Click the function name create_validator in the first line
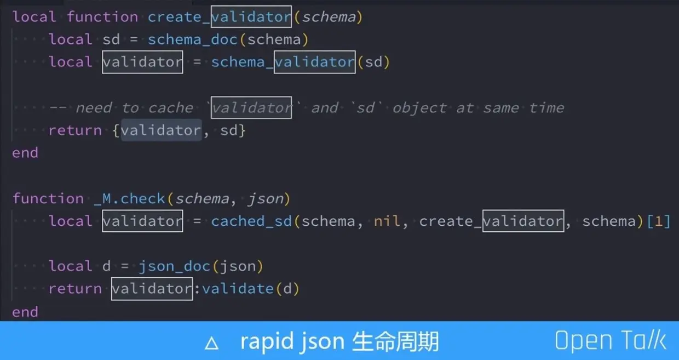click(220, 17)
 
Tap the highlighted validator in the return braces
click(161, 130)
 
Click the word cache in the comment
click(170, 107)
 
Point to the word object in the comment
click(419, 107)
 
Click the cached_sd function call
click(251, 221)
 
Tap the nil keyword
click(387, 221)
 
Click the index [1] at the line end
click(658, 221)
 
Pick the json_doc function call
click(174, 266)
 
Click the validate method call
click(238, 289)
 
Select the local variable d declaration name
click(106, 266)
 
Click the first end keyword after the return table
click(25, 153)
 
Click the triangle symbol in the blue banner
click(211, 343)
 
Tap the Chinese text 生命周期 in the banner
click(396, 341)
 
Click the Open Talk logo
click(610, 340)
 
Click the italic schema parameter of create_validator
click(329, 17)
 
